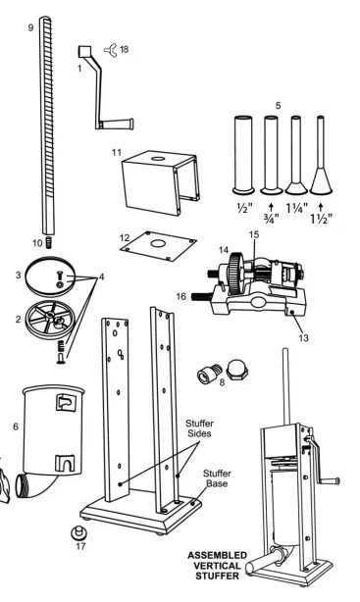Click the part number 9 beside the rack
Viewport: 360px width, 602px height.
(30, 28)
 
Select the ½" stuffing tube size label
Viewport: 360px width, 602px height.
(241, 207)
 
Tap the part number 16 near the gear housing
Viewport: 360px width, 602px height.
(182, 293)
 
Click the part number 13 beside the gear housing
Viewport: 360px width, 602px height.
(303, 337)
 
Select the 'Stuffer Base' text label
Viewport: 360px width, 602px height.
(217, 478)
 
